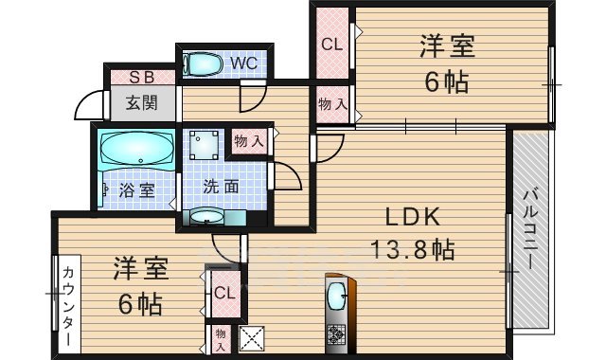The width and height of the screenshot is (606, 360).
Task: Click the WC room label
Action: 242,64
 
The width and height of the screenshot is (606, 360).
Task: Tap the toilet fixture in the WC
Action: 202,63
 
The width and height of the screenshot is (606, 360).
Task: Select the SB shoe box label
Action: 142,78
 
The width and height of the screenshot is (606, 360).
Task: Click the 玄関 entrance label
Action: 142,102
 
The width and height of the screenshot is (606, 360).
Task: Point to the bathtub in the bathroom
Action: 136,149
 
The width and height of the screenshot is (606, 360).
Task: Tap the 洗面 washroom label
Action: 222,186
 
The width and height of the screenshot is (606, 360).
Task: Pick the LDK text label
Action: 413,216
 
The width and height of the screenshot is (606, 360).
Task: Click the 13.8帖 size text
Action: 413,250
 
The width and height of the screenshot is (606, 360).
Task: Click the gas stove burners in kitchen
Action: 337,333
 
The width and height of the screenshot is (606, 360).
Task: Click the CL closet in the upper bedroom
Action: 330,44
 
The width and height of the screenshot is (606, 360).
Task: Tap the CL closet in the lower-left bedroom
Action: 223,294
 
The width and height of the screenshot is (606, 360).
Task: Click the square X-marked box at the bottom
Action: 250,336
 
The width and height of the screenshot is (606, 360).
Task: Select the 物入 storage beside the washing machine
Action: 248,141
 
